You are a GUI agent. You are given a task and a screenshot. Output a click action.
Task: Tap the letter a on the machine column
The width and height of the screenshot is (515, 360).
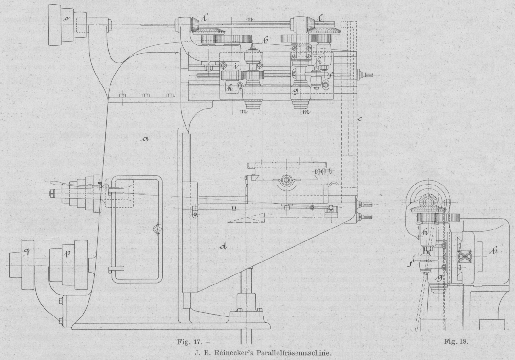click(145, 139)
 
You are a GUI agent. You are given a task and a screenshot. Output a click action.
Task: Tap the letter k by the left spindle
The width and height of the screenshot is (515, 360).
click(230, 89)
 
